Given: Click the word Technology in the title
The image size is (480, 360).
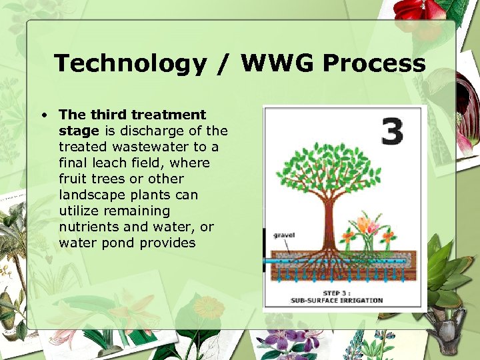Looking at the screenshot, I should point(131,64).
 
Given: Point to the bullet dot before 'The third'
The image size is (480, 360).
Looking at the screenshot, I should point(43,115).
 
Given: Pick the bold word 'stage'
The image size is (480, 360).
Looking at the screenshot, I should point(79,131).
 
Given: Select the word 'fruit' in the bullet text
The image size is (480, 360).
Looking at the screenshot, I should point(74,179).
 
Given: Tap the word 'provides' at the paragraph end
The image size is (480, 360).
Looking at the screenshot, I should point(167,243).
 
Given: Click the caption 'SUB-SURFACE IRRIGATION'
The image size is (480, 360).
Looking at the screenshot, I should point(337,300).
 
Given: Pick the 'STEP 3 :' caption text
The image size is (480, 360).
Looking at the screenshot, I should point(337,293).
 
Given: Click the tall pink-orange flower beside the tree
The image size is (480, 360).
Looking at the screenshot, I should point(367,223).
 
